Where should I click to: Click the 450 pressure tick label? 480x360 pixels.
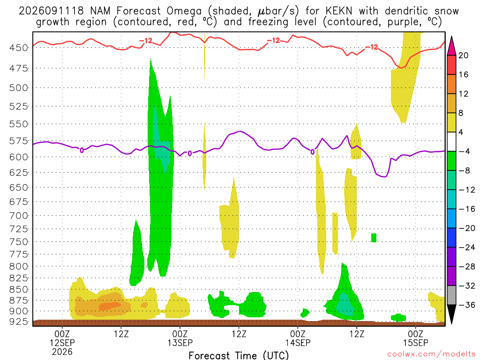(x=18, y=48)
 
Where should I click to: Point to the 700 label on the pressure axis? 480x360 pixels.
(x=18, y=216)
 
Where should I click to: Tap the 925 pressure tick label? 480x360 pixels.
(x=18, y=322)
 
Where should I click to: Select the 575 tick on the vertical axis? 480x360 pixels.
(x=18, y=141)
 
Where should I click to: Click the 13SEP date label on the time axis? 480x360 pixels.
(x=180, y=343)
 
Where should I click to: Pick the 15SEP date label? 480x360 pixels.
(x=415, y=343)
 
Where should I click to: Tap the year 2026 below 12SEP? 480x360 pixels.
(x=62, y=352)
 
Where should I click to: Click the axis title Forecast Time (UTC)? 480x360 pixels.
(x=239, y=355)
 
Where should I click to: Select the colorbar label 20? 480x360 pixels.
(x=463, y=55)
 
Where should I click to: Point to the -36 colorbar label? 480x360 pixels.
(x=467, y=305)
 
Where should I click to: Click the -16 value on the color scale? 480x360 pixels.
(x=467, y=209)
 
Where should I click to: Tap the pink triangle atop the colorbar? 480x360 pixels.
(x=451, y=46)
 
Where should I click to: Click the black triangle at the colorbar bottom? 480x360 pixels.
(x=451, y=314)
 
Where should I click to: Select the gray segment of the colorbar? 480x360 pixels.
(x=451, y=295)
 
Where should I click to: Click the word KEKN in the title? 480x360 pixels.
(x=339, y=11)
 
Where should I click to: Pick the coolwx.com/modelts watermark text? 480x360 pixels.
(x=431, y=354)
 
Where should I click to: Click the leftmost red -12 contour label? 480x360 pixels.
(x=146, y=41)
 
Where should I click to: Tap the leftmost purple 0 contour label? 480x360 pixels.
(x=82, y=150)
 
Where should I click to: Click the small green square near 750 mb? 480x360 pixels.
(x=374, y=238)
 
